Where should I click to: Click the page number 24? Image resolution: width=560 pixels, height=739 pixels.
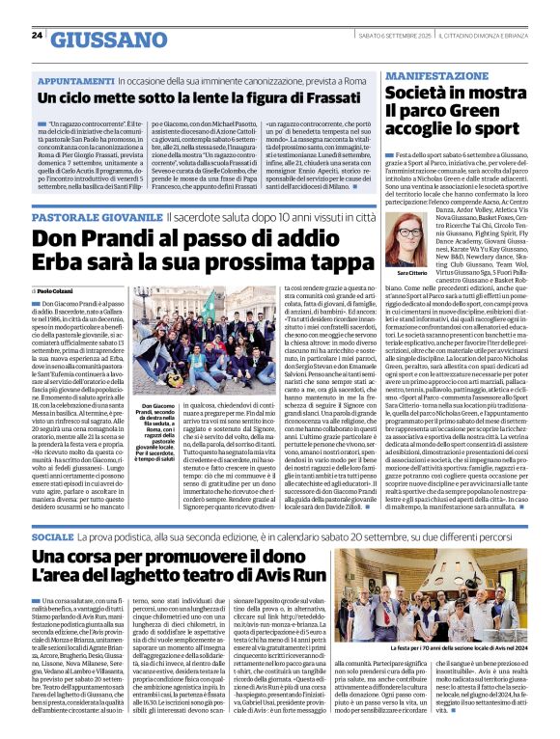37,35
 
